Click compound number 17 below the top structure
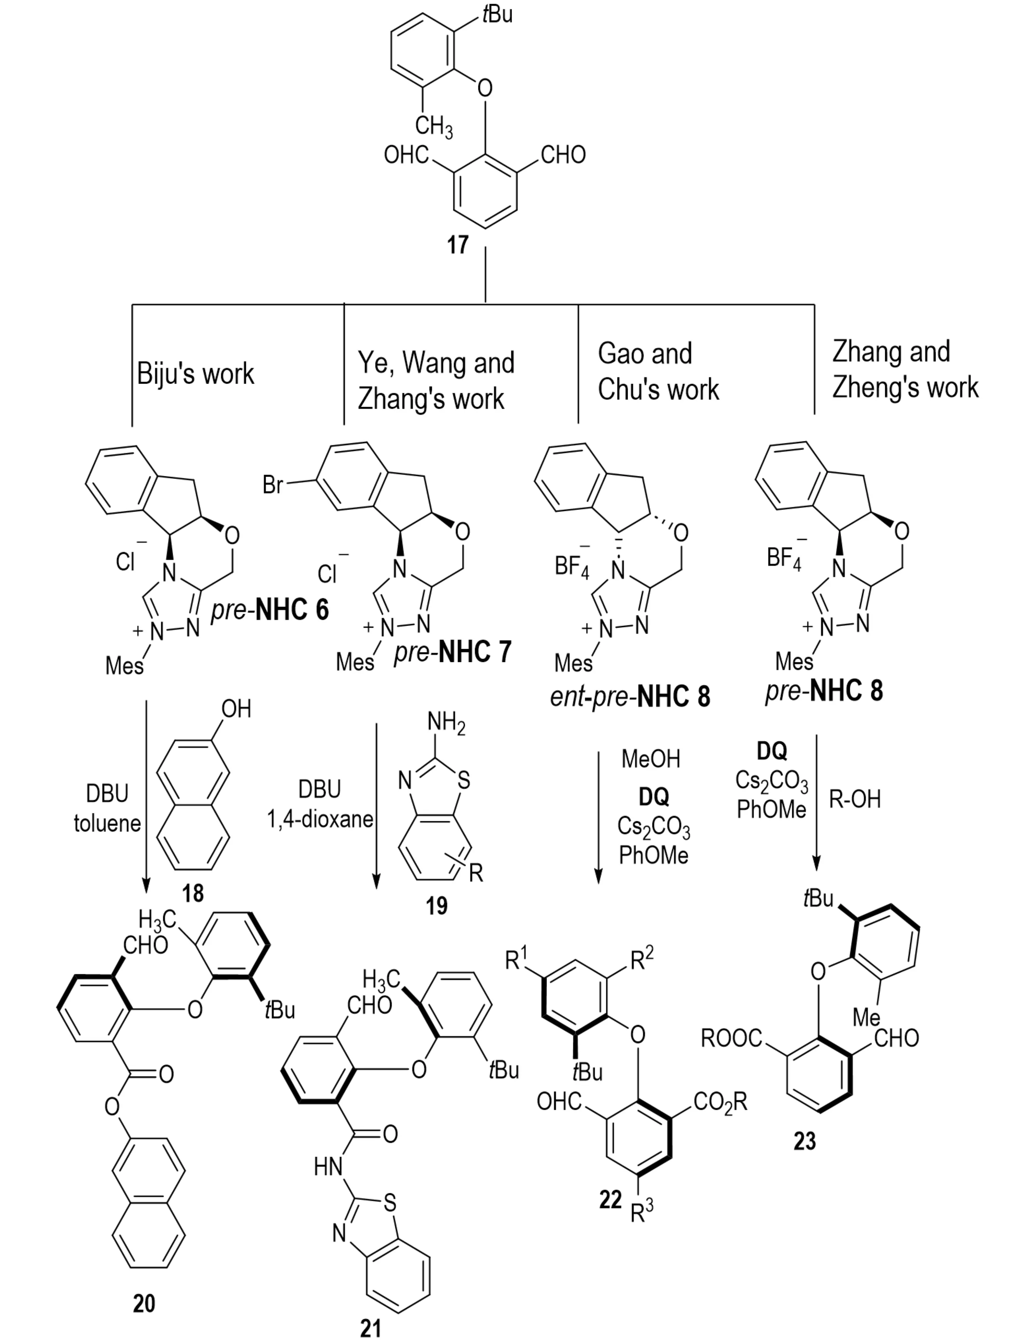pos(458,245)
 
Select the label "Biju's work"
pos(195,374)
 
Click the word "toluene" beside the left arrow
pos(108,823)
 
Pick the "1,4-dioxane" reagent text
pos(320,820)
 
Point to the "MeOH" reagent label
pos(650,759)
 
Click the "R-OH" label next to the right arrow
pos(855,799)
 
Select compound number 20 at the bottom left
pos(144,1303)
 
